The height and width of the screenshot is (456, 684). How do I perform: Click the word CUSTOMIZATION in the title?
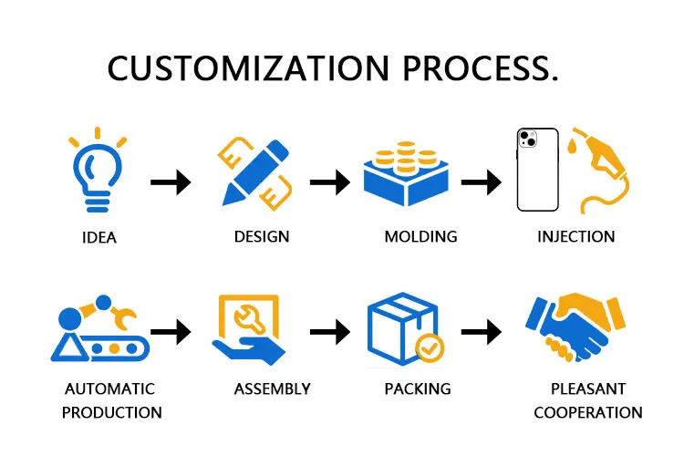coord(236,68)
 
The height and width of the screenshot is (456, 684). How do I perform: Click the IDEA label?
coord(98,239)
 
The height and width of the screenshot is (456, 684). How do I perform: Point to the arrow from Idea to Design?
coord(171,182)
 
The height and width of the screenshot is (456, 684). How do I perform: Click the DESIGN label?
coord(262,237)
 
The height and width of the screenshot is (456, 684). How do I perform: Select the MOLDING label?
coord(420,237)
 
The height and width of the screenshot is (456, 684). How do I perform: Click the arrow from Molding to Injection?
coord(482,182)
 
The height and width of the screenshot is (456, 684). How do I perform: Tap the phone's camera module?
coord(527,140)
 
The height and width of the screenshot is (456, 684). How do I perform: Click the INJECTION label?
coord(576,237)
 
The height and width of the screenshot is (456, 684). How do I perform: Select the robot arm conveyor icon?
coord(94,328)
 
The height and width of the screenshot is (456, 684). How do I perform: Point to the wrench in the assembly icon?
coord(248,318)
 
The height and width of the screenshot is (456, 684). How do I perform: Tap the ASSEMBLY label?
coord(273,389)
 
